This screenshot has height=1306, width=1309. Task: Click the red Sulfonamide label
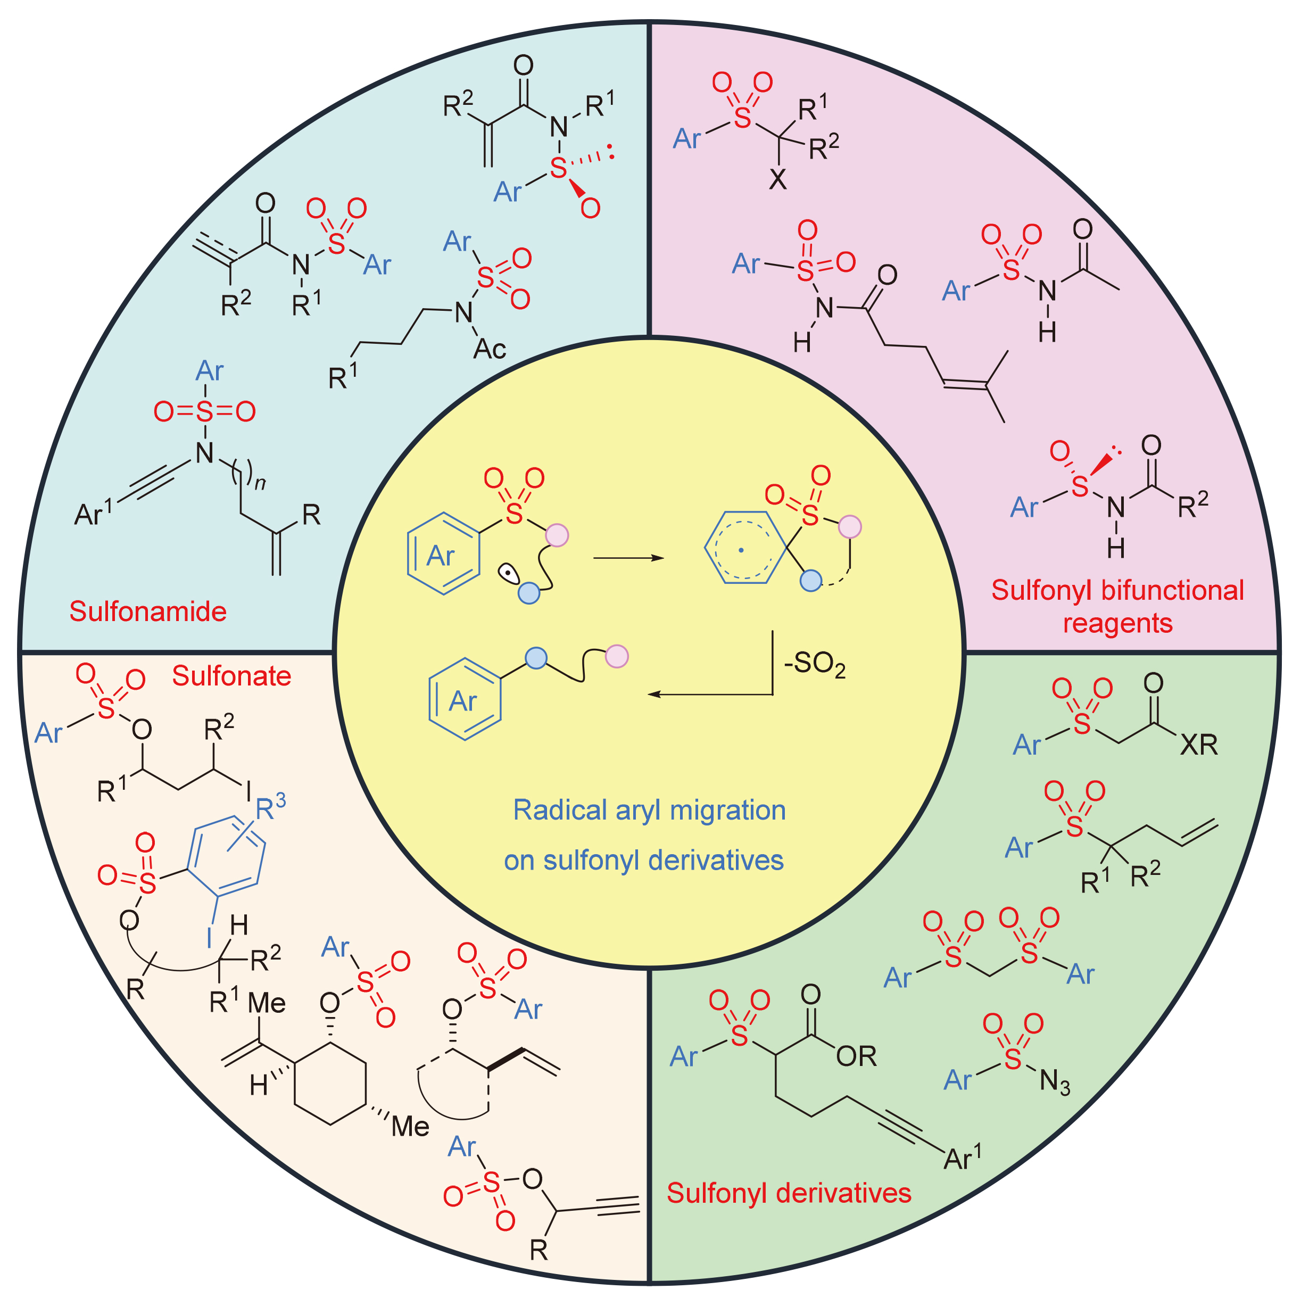pos(148,611)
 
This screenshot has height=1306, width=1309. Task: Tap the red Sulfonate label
pos(231,676)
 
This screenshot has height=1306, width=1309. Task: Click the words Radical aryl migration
pos(649,811)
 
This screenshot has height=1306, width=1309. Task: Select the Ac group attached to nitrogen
pos(489,349)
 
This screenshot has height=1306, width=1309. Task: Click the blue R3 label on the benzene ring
pos(270,807)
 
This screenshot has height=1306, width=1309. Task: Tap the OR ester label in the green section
pos(856,1056)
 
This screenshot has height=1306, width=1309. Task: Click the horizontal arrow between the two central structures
pos(628,558)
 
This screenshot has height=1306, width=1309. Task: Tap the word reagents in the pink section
pos(1117,623)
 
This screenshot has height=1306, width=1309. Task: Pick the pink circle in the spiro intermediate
pos(850,526)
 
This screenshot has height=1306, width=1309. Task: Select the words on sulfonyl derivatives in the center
pos(644,860)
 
